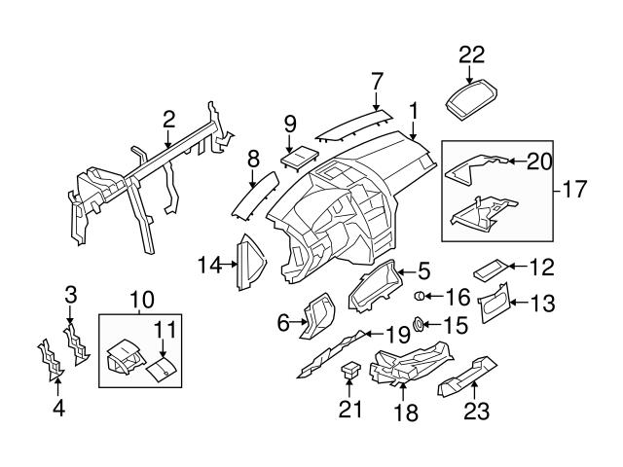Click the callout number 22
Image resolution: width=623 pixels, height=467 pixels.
[x=471, y=54]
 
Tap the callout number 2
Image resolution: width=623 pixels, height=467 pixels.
[x=168, y=120]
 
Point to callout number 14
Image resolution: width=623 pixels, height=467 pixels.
[x=209, y=263]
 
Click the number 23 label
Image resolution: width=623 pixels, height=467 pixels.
[x=476, y=411]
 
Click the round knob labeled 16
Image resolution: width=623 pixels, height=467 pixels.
[x=421, y=296]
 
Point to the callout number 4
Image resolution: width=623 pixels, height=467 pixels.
[x=58, y=409]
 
